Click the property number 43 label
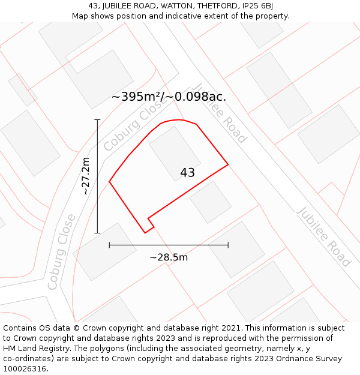point(187,173)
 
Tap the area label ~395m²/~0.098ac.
point(169,97)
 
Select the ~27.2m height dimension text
point(85,176)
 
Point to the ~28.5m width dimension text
point(169,257)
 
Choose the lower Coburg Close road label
point(62,251)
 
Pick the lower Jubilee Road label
point(323,236)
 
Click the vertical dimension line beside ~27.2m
point(97,176)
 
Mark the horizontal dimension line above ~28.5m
point(169,245)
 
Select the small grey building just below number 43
point(211,202)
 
